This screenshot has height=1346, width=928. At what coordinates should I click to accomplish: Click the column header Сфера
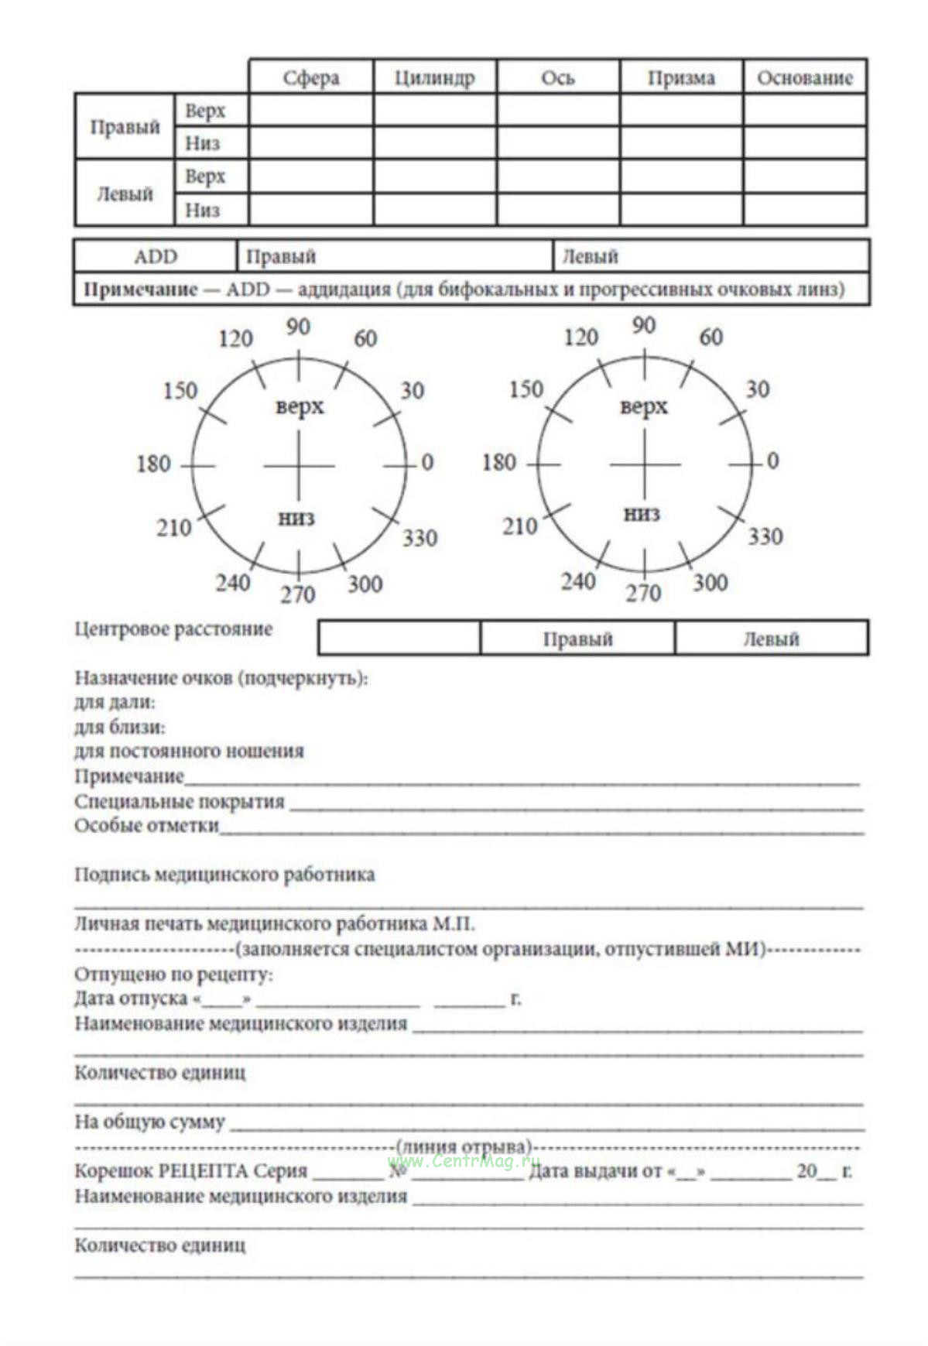point(310,77)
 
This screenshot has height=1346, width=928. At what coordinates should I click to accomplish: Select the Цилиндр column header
point(434,77)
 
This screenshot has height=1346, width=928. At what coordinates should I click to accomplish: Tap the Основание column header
point(804,77)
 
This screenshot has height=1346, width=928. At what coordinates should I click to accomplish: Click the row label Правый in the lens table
point(125,127)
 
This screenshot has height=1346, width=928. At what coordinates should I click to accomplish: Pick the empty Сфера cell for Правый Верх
point(311,111)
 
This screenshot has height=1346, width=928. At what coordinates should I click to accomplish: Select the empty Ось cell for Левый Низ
point(558,210)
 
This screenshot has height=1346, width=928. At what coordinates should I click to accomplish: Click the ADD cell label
point(156,256)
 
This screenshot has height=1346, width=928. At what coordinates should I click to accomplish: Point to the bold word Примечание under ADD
point(140,289)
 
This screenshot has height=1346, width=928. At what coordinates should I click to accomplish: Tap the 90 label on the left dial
point(298,327)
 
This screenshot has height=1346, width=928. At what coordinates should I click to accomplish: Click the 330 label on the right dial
point(765,536)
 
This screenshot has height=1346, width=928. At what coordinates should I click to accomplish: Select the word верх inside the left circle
point(300,406)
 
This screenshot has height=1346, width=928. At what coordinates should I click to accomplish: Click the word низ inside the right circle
point(642,513)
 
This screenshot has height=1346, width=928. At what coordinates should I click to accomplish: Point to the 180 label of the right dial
point(499,463)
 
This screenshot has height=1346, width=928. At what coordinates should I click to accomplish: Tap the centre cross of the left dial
point(299,466)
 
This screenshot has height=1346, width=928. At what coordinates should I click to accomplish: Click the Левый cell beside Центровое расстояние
point(771,639)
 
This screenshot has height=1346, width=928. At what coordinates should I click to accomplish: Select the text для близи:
point(119,727)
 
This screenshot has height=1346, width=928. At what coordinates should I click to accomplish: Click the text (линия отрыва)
point(464,1146)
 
